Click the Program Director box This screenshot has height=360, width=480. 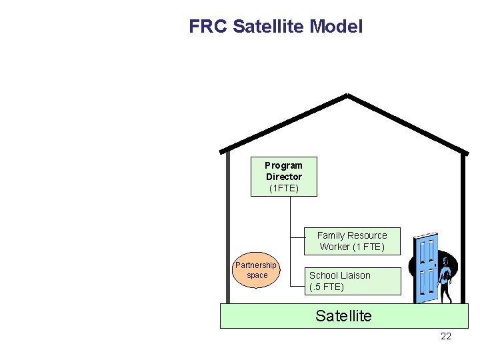(x=283, y=177)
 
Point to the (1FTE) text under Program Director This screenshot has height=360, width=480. (x=283, y=189)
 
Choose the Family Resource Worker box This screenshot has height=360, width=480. (x=351, y=241)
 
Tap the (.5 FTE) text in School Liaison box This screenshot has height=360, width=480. (x=327, y=287)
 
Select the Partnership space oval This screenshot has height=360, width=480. (x=257, y=270)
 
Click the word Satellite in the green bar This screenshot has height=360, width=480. (x=343, y=316)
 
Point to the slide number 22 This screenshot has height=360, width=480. (x=446, y=336)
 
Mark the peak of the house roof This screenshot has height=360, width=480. (x=347, y=95)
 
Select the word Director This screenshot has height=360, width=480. (x=283, y=177)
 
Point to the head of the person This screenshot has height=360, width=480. (x=447, y=259)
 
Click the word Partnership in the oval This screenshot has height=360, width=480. (x=255, y=265)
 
